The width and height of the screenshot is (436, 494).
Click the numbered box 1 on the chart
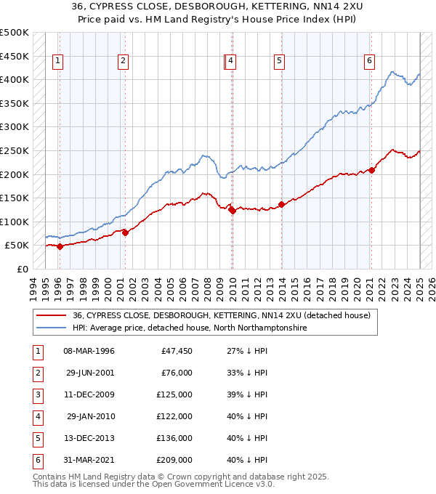click(x=57, y=62)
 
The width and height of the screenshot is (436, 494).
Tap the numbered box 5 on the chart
click(x=279, y=62)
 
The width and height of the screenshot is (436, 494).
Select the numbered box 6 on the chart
click(x=369, y=62)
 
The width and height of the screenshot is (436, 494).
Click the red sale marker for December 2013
click(x=281, y=204)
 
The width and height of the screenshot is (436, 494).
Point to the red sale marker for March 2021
click(x=371, y=170)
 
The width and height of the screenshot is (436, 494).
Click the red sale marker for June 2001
click(x=125, y=232)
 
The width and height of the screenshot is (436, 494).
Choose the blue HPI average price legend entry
click(x=189, y=328)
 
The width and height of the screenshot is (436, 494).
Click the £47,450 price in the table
click(x=177, y=351)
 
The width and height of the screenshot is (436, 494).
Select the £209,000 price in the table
click(x=174, y=460)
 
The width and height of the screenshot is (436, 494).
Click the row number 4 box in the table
click(x=36, y=416)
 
